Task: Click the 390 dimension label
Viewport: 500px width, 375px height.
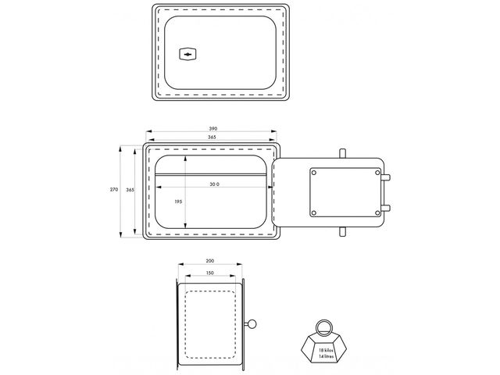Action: [213, 129]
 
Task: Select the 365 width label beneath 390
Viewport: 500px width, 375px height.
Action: [212, 137]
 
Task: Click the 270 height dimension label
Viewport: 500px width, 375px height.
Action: [114, 189]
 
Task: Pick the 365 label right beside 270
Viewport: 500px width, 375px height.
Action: [130, 190]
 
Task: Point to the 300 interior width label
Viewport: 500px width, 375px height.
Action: [214, 184]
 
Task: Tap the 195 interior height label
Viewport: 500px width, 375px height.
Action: [178, 202]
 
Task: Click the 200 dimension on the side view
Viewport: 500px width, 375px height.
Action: [210, 261]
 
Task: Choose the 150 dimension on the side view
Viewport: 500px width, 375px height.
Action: [210, 273]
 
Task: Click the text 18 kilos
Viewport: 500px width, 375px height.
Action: [326, 350]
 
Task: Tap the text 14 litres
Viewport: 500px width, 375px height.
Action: [327, 356]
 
